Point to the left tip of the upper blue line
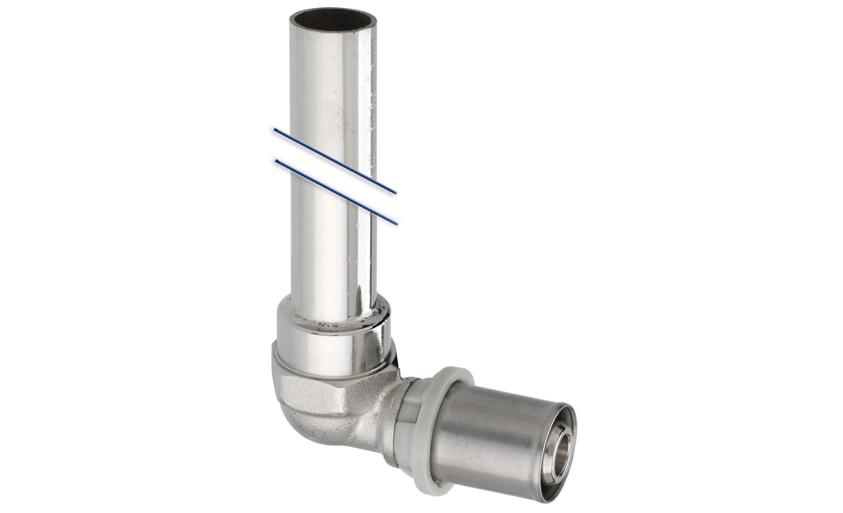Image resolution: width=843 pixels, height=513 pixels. (275, 130)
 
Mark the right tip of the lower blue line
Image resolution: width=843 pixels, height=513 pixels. (397, 224)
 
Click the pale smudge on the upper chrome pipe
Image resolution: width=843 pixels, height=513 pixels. (333, 117)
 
